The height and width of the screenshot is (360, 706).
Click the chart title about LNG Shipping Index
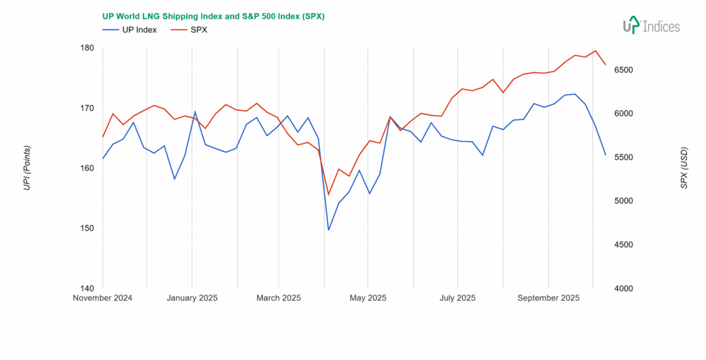click(x=213, y=16)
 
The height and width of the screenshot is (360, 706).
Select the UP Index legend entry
click(x=130, y=30)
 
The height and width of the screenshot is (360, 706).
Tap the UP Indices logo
click(x=651, y=26)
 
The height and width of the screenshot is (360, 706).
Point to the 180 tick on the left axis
click(x=88, y=48)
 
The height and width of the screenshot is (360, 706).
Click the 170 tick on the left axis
click(x=88, y=108)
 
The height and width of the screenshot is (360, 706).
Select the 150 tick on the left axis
click(x=88, y=228)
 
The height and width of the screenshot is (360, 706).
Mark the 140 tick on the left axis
click(x=88, y=288)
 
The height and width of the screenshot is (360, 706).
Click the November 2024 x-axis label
click(x=103, y=299)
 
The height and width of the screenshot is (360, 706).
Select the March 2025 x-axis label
click(x=278, y=299)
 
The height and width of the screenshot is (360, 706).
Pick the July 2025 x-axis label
click(x=457, y=299)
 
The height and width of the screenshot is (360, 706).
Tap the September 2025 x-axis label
click(x=548, y=299)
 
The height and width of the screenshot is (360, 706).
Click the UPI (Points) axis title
click(x=27, y=168)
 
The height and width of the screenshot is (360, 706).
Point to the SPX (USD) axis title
click(x=684, y=168)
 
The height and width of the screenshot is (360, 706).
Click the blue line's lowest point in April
click(x=328, y=230)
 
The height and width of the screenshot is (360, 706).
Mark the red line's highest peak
click(x=595, y=50)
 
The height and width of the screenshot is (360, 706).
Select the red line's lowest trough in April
click(x=328, y=194)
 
